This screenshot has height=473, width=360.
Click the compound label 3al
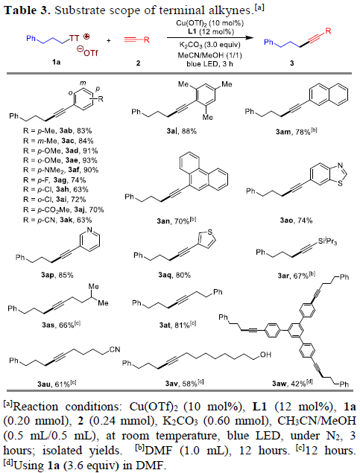point(173,131)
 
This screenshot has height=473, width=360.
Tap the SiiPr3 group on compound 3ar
point(327,241)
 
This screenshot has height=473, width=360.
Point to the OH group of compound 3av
point(265,355)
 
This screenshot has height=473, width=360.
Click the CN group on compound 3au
point(115,349)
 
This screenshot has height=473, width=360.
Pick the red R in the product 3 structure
point(328,31)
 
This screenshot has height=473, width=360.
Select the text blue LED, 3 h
point(209,63)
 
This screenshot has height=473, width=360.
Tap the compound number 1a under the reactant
point(56,63)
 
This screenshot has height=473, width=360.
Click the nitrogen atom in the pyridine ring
point(89,230)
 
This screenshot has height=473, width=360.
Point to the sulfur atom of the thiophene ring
point(210,232)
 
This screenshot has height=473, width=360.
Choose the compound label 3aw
point(280,384)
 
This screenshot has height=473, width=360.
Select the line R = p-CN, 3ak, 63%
point(57,220)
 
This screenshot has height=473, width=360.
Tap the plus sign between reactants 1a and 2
point(108,40)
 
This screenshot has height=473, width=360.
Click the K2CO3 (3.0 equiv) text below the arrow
point(210,45)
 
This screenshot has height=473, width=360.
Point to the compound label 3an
point(163,221)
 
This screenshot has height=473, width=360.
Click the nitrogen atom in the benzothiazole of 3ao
point(341,165)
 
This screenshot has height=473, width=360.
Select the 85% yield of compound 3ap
point(66,275)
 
